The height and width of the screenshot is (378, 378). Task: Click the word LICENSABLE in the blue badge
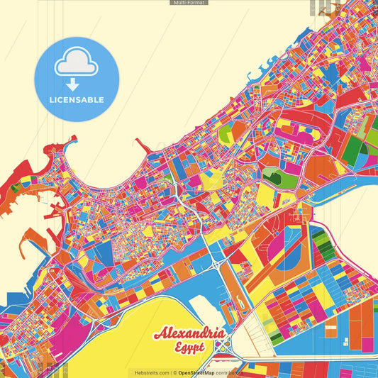point(77,99)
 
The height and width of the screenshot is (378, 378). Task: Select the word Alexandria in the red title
point(190,334)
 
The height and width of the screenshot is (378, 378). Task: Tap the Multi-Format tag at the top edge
point(189,3)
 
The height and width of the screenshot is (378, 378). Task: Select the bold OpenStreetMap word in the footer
point(197,372)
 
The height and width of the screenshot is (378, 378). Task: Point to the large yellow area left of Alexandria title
point(113,333)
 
